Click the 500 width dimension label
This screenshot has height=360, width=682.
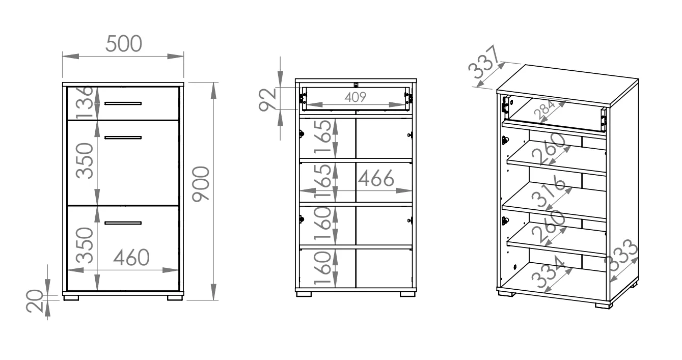coord(123,44)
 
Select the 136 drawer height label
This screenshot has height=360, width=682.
coord(86,102)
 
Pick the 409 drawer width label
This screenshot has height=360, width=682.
coord(355,97)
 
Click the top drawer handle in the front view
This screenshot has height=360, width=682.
coord(123,103)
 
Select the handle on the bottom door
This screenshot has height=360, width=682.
coord(123,223)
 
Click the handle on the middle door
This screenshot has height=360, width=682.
coord(123,137)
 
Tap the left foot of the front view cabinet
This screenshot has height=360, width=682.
coord(73,296)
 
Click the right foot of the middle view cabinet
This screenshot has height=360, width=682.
coord(408,294)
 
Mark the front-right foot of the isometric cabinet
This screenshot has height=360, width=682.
coord(603,306)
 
